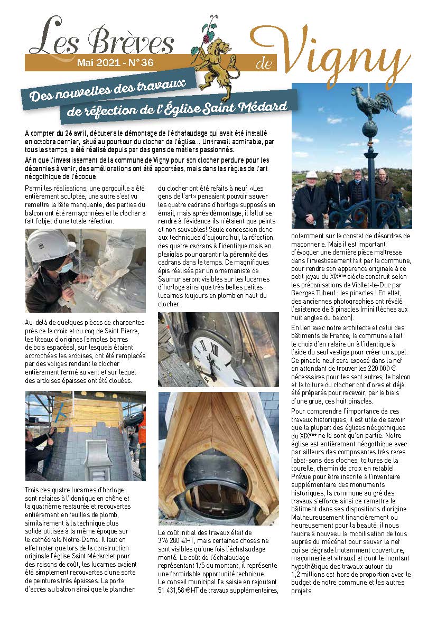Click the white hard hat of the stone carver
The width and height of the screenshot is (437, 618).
[51, 244]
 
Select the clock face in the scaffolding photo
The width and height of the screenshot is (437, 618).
[215, 353]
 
